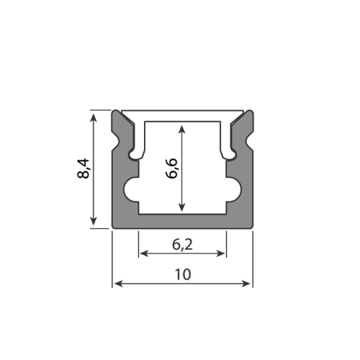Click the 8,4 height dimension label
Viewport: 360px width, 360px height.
click(x=84, y=170)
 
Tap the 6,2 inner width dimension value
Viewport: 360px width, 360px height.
click(x=182, y=244)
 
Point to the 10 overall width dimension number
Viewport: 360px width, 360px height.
click(x=182, y=274)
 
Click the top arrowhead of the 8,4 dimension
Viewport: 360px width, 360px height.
click(x=94, y=114)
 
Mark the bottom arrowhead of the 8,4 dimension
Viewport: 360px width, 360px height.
click(x=94, y=224)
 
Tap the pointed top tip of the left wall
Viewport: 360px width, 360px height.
click(x=117, y=112)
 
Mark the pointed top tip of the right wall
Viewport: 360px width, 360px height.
click(x=249, y=112)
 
